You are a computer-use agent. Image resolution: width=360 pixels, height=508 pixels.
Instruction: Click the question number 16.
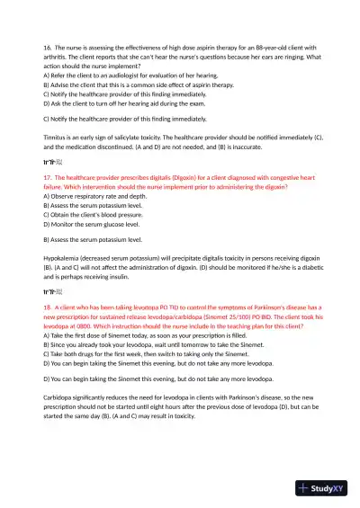[x=47, y=46]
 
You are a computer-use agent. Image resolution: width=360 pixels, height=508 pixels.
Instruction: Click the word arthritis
[x=58, y=56]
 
